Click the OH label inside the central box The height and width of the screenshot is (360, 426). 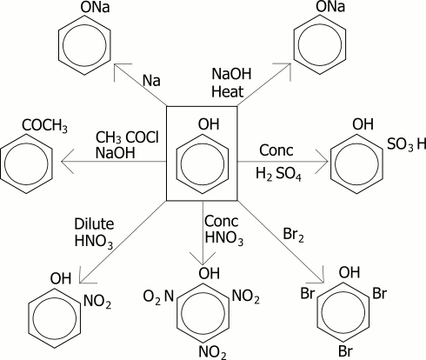(x=209, y=124)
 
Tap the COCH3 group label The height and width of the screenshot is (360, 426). (x=44, y=126)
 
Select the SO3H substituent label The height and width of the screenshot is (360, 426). (x=407, y=144)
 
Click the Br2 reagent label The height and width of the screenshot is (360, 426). (x=293, y=235)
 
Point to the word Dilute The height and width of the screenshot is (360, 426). (x=94, y=223)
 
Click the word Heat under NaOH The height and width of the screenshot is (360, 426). (x=228, y=91)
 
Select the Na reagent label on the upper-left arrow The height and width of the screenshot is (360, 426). (x=151, y=80)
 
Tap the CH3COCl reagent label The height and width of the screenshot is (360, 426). (x=127, y=137)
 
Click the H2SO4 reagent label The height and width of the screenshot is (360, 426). (x=278, y=174)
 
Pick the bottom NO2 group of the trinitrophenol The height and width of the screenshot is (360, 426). (x=212, y=352)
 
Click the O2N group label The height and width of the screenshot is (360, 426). (x=158, y=297)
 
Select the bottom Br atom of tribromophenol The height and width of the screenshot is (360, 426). (x=345, y=351)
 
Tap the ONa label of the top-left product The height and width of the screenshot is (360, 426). (x=95, y=7)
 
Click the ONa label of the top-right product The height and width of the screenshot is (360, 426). (x=330, y=7)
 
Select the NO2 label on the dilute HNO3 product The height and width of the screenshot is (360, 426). (x=97, y=302)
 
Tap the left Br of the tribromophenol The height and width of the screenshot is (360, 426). (x=308, y=293)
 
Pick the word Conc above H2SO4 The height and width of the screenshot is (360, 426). (x=276, y=150)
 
